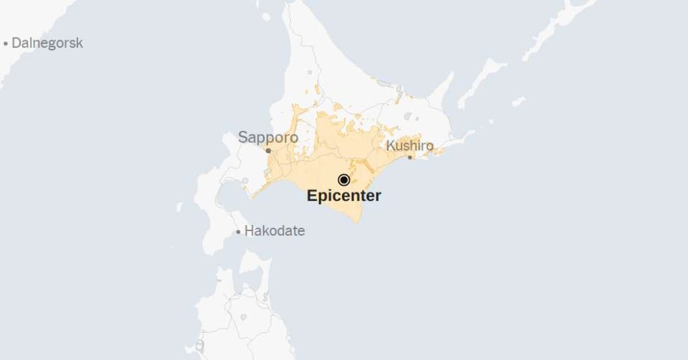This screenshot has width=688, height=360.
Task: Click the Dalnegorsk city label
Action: tap(47, 43)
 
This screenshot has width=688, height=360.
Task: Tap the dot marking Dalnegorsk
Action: tap(6, 44)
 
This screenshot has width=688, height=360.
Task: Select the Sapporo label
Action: tap(268, 138)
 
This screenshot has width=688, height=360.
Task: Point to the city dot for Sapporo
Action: tap(268, 150)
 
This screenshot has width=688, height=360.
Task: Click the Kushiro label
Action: tap(410, 145)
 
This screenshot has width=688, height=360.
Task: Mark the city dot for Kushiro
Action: tap(410, 157)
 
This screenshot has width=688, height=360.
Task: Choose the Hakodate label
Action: tap(274, 231)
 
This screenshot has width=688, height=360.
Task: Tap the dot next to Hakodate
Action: tap(238, 232)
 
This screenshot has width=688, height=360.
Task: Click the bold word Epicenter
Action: tap(344, 196)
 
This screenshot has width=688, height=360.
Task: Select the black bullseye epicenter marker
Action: tap(344, 179)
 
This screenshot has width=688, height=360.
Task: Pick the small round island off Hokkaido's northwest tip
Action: tap(266, 16)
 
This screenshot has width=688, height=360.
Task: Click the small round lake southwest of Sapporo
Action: tap(245, 181)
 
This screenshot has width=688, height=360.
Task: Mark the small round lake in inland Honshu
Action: tap(200, 345)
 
